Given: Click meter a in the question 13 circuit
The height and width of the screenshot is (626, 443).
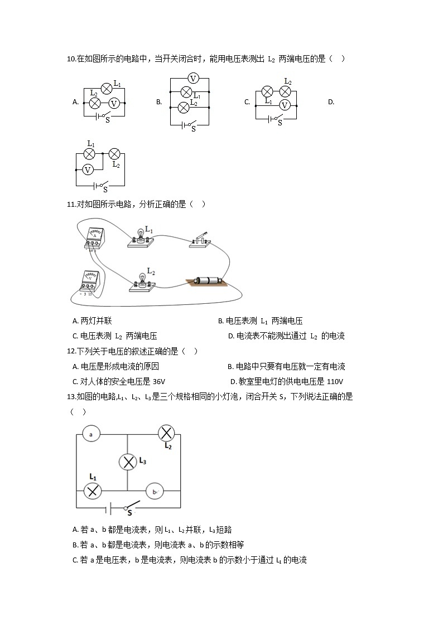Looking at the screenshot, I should (x=90, y=433).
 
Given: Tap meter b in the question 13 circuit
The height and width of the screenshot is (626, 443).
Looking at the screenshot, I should (x=154, y=491).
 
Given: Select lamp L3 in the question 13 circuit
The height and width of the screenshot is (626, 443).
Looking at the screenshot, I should (x=128, y=462).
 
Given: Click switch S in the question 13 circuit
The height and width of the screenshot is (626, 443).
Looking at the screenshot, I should (x=131, y=508).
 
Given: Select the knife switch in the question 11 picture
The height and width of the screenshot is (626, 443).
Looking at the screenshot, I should (x=200, y=239).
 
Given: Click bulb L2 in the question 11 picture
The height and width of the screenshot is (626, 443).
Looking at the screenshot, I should (x=143, y=279).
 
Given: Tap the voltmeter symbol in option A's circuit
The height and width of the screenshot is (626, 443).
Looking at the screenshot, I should (x=114, y=103).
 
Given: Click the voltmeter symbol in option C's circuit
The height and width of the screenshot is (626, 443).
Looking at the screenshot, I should (x=285, y=104).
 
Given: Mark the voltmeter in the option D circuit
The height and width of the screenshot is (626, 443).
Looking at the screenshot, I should (x=88, y=169).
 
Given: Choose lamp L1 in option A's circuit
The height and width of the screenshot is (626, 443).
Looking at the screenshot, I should (x=107, y=88).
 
